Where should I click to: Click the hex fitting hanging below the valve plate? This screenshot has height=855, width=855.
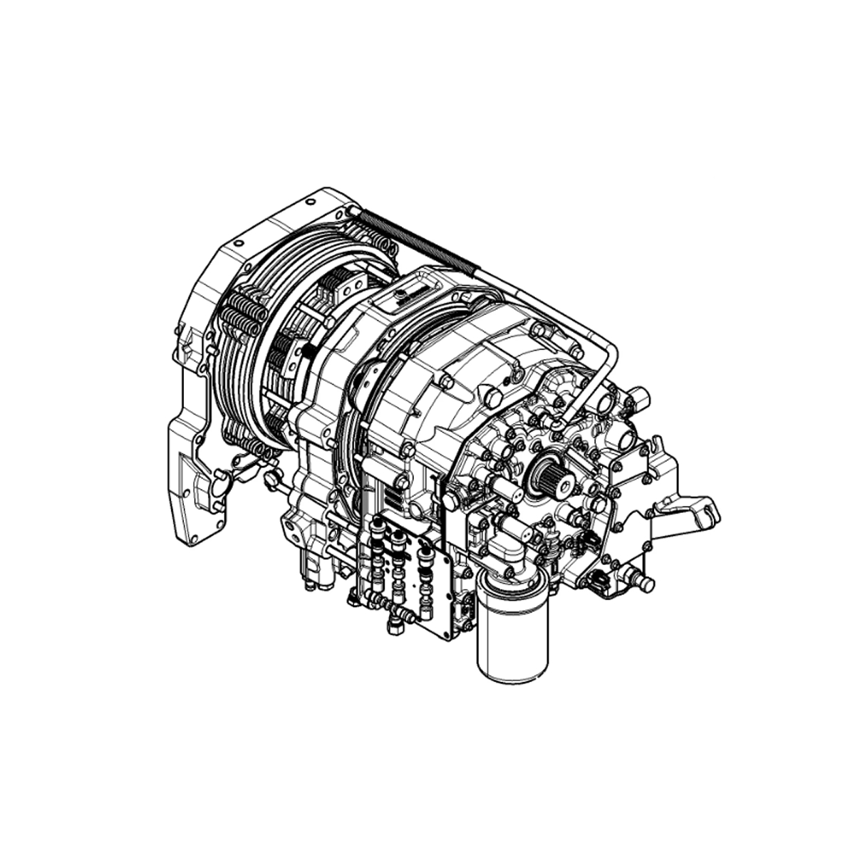393,626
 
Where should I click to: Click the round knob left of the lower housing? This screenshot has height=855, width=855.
271,478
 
